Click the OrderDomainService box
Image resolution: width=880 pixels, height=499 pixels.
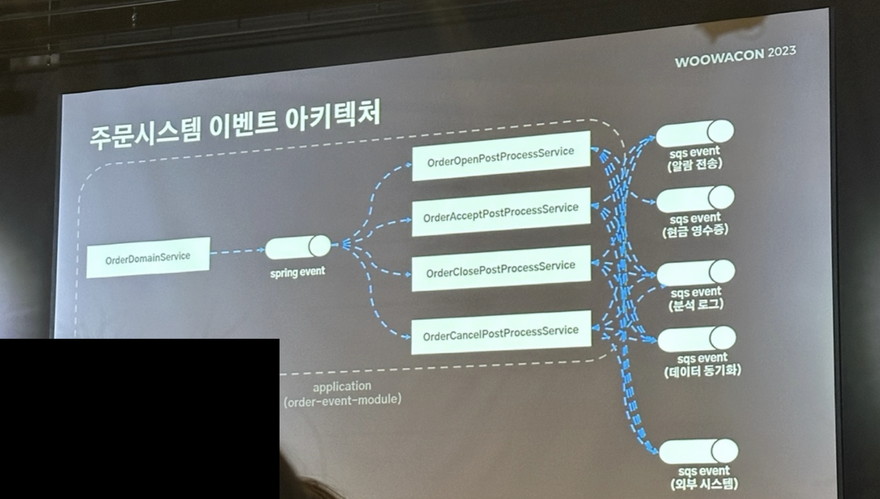click(x=148, y=258)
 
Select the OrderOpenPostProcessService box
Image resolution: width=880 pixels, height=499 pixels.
click(x=500, y=156)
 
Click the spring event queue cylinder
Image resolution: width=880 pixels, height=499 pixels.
click(x=298, y=247)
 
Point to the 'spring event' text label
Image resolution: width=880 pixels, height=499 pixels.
click(x=297, y=271)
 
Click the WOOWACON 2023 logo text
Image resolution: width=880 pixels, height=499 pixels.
click(x=735, y=57)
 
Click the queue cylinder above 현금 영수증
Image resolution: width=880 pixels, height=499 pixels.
click(x=695, y=199)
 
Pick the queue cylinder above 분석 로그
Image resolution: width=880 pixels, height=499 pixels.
click(x=696, y=273)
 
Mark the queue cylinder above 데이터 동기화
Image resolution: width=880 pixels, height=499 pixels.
click(x=696, y=339)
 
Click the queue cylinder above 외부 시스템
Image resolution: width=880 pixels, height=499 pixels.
click(x=698, y=452)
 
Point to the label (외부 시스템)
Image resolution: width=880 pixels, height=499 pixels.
click(x=704, y=485)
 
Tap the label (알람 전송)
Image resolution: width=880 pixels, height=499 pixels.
click(x=694, y=164)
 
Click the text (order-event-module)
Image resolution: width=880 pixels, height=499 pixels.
click(x=342, y=399)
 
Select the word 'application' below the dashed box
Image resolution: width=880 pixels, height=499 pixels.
click(x=342, y=387)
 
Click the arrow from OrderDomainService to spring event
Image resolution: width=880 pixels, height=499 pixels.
click(x=237, y=252)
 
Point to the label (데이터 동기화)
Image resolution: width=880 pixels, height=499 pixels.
click(x=703, y=372)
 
